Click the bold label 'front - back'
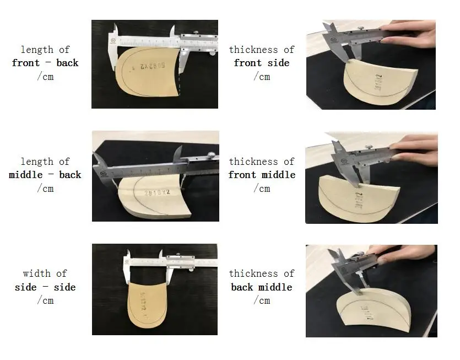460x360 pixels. (45, 63)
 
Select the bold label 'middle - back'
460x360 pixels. (45, 175)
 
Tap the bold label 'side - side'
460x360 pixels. (45, 287)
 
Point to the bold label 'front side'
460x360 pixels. (262, 63)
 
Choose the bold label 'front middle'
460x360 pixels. (262, 175)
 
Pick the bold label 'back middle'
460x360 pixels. (262, 287)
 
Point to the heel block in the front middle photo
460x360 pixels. (358, 198)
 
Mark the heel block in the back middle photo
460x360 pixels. (375, 309)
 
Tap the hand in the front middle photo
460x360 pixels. (416, 149)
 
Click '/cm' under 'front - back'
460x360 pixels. (45, 77)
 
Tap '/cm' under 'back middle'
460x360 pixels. (262, 300)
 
